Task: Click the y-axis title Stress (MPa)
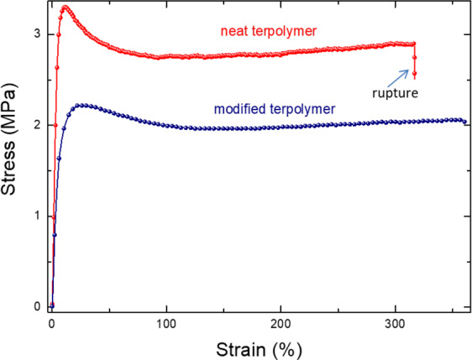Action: tap(15, 156)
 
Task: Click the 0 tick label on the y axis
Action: tap(36, 306)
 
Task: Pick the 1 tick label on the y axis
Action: tap(36, 216)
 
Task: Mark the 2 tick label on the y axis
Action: tap(36, 125)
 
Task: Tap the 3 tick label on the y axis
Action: tap(36, 34)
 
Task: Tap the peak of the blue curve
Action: tap(81, 106)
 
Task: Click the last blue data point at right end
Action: tap(464, 122)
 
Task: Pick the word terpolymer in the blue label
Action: tap(297, 109)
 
